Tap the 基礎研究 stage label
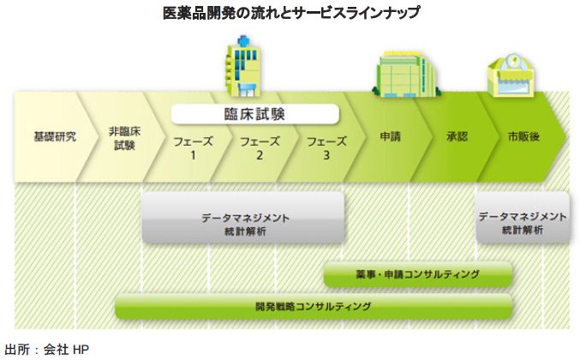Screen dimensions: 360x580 (55, 137)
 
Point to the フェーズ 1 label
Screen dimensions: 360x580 (193, 148)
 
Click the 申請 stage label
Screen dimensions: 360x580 (391, 137)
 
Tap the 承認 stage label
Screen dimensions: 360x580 (457, 137)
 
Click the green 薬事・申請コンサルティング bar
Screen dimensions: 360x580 (417, 274)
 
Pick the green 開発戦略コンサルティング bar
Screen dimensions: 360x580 (313, 306)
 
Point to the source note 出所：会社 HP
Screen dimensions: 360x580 (46, 349)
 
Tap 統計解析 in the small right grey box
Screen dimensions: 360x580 (522, 231)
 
